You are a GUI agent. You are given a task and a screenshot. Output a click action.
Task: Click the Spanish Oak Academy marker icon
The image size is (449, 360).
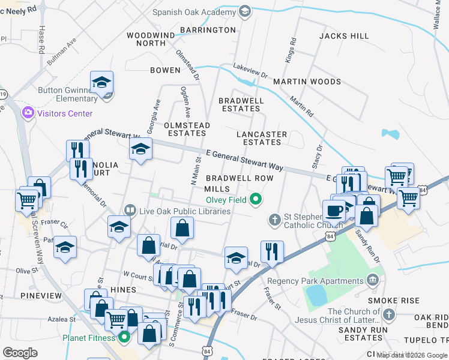(x=244, y=11)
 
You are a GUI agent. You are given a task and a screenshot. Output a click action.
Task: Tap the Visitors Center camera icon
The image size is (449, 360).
(x=28, y=113)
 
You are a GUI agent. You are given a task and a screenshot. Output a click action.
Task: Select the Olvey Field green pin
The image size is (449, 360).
(x=256, y=200)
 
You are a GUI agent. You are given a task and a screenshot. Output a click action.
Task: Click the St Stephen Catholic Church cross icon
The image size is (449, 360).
(x=275, y=220)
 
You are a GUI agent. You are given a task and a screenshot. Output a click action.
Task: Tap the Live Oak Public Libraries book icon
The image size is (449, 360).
(x=130, y=211)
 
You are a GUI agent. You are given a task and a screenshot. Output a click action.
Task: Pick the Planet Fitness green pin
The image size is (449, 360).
(x=125, y=337)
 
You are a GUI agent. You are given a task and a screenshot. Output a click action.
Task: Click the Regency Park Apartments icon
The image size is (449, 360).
(x=373, y=280)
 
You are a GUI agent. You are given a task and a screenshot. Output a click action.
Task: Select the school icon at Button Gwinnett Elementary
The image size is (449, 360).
(x=102, y=83)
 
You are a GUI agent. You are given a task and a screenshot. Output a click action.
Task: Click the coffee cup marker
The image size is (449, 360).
(x=334, y=211)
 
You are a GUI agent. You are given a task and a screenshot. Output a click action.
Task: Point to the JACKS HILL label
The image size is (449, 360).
(x=344, y=36)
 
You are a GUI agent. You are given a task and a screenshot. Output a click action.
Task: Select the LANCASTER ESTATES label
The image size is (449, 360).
(x=262, y=138)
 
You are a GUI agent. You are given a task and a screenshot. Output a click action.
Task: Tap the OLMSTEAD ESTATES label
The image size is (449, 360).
(x=187, y=129)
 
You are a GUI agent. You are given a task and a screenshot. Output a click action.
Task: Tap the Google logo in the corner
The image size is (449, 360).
(x=20, y=352)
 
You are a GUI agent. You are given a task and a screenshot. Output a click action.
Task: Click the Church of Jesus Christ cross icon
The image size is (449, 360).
(x=389, y=314)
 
